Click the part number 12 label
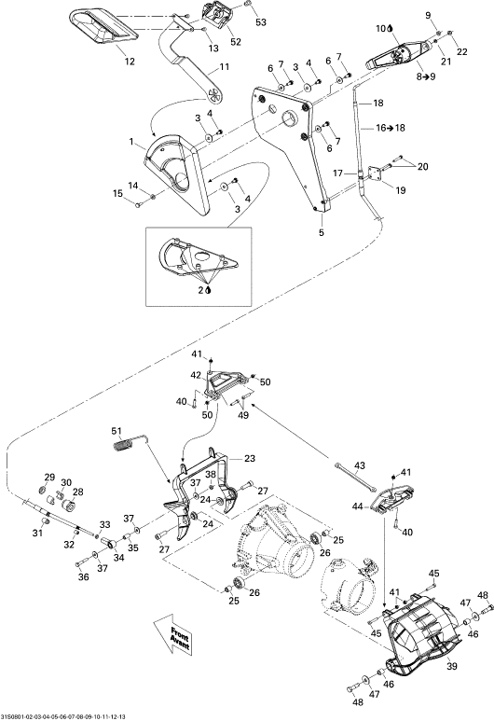pyautogui.click(x=130, y=61)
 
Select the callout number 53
pyautogui.click(x=261, y=22)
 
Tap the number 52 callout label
pyautogui.click(x=235, y=42)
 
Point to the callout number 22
pyautogui.click(x=461, y=52)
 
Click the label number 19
pyautogui.click(x=401, y=190)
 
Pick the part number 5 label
pyautogui.click(x=322, y=232)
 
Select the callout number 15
pyautogui.click(x=118, y=194)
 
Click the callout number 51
pyautogui.click(x=117, y=431)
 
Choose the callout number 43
pyautogui.click(x=360, y=465)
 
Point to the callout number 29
pyautogui.click(x=49, y=477)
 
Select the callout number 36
pyautogui.click(x=83, y=577)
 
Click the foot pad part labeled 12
pyautogui.click(x=103, y=26)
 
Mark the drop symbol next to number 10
pyautogui.click(x=391, y=29)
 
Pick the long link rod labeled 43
pyautogui.click(x=357, y=477)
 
